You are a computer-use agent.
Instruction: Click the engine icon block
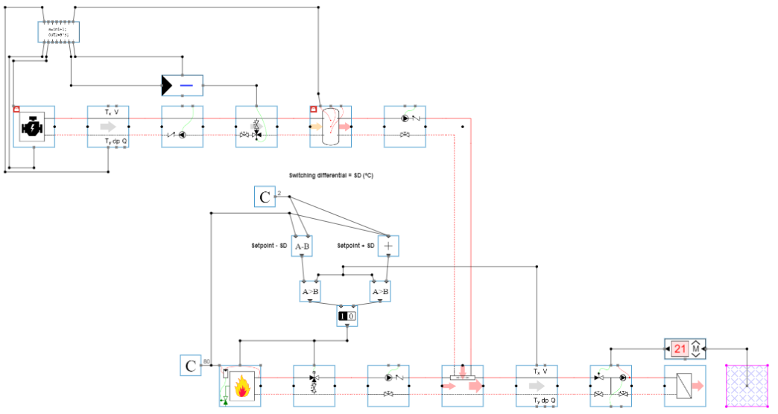(34, 127)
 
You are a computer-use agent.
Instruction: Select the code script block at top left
(58, 32)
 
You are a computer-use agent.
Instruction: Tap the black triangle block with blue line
(182, 86)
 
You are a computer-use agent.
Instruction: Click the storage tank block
(330, 127)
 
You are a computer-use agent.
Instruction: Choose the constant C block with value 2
(265, 197)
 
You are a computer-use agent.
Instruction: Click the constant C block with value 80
(191, 366)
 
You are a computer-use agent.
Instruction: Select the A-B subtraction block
(302, 246)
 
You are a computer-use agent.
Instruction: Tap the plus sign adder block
(388, 246)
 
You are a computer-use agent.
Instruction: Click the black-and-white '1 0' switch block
(347, 316)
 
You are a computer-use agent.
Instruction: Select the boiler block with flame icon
(240, 386)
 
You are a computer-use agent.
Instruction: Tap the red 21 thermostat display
(679, 348)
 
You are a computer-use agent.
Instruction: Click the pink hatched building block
(747, 386)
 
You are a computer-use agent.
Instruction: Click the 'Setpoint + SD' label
(355, 246)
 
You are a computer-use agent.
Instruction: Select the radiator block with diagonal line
(685, 386)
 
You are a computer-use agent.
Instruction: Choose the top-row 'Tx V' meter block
(108, 127)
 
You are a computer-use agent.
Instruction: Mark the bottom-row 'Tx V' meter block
(537, 386)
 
